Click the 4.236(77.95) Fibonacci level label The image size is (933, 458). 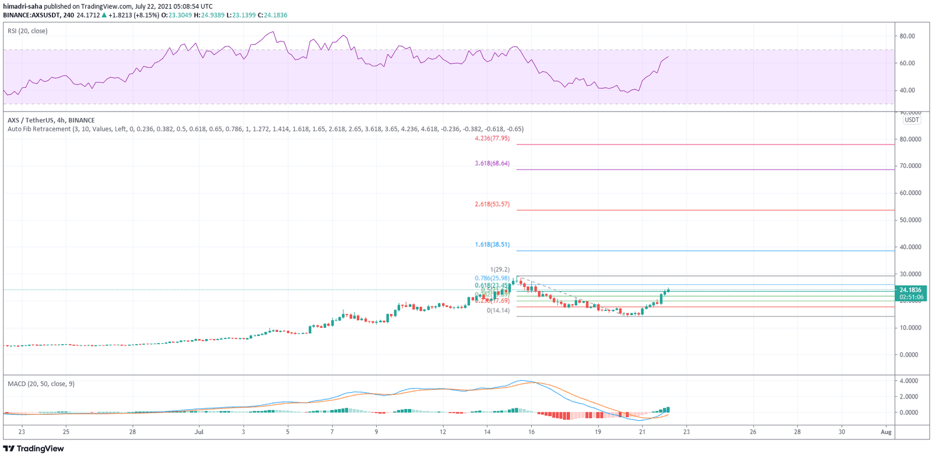(492, 139)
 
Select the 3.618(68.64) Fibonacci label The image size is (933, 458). (492, 163)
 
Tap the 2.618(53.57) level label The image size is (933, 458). (492, 204)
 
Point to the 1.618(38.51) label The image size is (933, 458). (492, 244)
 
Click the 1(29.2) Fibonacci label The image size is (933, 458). (500, 270)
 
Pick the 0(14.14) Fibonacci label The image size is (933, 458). (498, 310)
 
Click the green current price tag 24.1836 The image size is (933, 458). (910, 290)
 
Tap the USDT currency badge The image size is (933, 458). (911, 120)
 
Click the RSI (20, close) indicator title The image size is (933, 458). (27, 31)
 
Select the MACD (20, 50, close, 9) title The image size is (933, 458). (41, 384)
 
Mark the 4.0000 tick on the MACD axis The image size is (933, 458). (909, 381)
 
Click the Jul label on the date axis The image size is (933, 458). (199, 432)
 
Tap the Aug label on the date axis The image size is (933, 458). (886, 432)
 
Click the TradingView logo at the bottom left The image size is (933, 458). (33, 449)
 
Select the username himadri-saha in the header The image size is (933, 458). (23, 6)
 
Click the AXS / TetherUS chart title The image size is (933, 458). (51, 120)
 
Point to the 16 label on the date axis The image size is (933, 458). (531, 432)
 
